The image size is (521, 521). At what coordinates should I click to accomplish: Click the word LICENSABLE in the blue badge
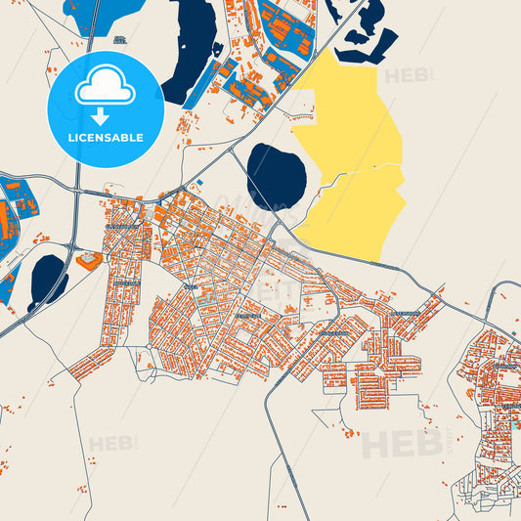click(x=105, y=138)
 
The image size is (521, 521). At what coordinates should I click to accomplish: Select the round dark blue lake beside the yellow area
click(x=276, y=177)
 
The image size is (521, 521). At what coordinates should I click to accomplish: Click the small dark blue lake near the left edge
click(x=48, y=278)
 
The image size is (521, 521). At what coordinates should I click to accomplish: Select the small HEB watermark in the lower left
click(x=111, y=444)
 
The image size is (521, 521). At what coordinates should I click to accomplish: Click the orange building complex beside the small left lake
click(x=88, y=260)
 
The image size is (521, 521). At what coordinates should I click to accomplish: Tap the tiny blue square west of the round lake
click(x=199, y=182)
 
